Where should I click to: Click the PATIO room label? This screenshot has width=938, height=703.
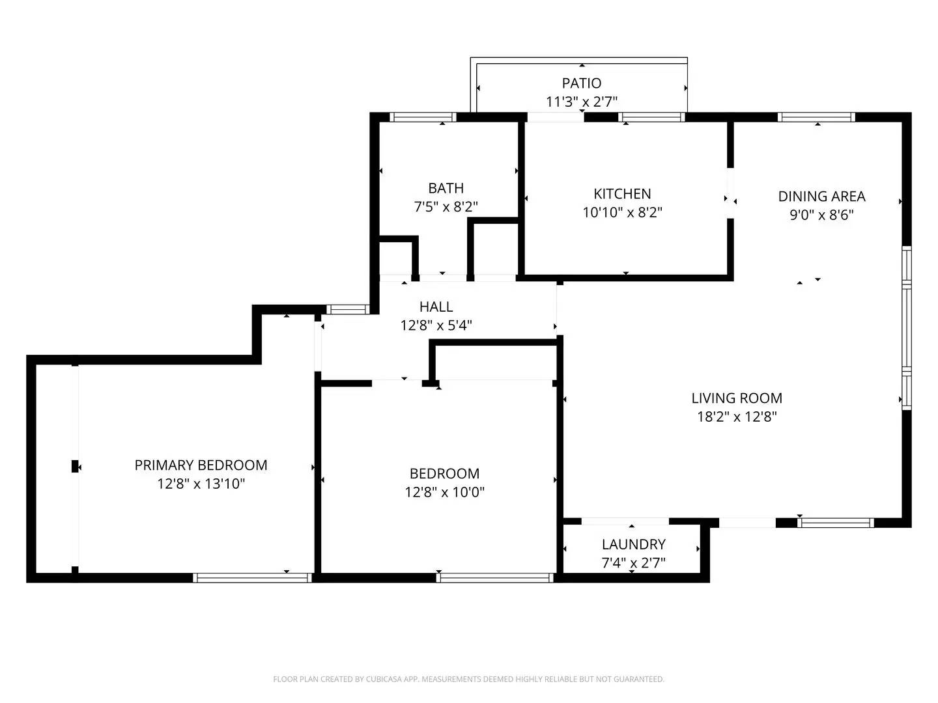[582, 83]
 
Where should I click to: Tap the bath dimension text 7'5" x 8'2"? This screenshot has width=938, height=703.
[446, 207]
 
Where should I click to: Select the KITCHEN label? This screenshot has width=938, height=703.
[622, 194]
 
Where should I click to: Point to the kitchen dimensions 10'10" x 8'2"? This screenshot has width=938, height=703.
[622, 212]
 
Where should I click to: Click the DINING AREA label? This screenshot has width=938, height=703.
[821, 197]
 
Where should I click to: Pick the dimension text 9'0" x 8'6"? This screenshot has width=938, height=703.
[821, 215]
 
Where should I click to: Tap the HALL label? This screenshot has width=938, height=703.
[436, 307]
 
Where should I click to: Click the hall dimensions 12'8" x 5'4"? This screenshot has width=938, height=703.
[436, 325]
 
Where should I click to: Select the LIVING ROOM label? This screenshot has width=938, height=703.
[737, 398]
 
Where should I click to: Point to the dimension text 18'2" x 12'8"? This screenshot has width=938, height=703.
[737, 417]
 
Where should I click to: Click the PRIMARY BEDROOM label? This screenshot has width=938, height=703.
[201, 465]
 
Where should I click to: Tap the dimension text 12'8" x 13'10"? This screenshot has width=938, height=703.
[201, 484]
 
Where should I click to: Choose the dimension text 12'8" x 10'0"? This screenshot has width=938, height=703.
[444, 492]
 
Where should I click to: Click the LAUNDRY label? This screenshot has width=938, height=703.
[633, 545]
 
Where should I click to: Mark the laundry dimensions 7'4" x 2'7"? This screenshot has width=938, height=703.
[633, 563]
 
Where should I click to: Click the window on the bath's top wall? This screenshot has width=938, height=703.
[422, 118]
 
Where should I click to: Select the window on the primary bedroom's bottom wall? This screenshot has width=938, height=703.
[253, 577]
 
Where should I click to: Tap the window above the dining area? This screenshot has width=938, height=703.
[816, 118]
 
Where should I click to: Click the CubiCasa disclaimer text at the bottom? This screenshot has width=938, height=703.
[468, 679]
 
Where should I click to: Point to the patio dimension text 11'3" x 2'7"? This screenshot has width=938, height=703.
[582, 102]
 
